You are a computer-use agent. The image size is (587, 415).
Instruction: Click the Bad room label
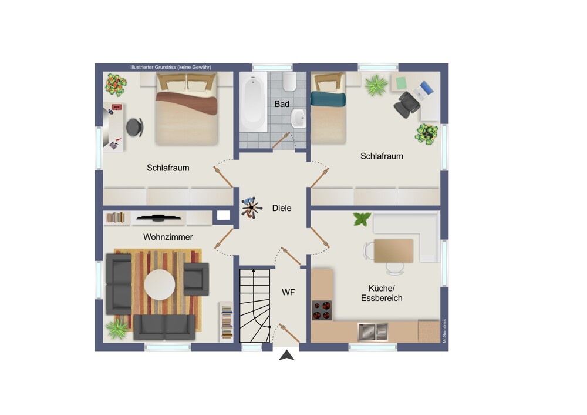(x=282, y=104)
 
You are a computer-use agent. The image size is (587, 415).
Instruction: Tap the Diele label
(x=282, y=208)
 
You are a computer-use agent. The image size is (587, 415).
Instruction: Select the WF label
(x=288, y=292)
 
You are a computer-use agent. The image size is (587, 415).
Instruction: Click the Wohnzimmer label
(x=168, y=237)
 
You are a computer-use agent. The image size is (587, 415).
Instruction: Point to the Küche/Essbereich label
(x=382, y=293)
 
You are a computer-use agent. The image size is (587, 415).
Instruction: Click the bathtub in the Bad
(x=254, y=102)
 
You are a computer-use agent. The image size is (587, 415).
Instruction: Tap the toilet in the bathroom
(x=289, y=82)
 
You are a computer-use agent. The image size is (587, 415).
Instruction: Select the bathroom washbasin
(x=298, y=118)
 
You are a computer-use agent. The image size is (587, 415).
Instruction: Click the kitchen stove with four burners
(x=322, y=310)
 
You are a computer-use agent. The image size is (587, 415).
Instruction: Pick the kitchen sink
(x=373, y=332)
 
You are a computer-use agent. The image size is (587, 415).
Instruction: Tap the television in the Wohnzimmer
(x=158, y=217)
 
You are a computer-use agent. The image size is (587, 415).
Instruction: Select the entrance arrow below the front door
(x=286, y=355)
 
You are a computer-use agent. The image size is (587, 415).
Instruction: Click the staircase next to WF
(x=255, y=305)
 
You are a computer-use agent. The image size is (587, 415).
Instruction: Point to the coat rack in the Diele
(x=251, y=207)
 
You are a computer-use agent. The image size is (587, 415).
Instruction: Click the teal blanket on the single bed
(x=328, y=99)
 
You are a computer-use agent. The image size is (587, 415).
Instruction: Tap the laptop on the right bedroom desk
(x=425, y=91)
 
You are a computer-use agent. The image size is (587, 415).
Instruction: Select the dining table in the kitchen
(x=393, y=251)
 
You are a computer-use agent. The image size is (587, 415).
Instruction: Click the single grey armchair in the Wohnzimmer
(x=196, y=279)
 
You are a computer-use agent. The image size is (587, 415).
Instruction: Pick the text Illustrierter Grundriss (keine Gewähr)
(x=171, y=68)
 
